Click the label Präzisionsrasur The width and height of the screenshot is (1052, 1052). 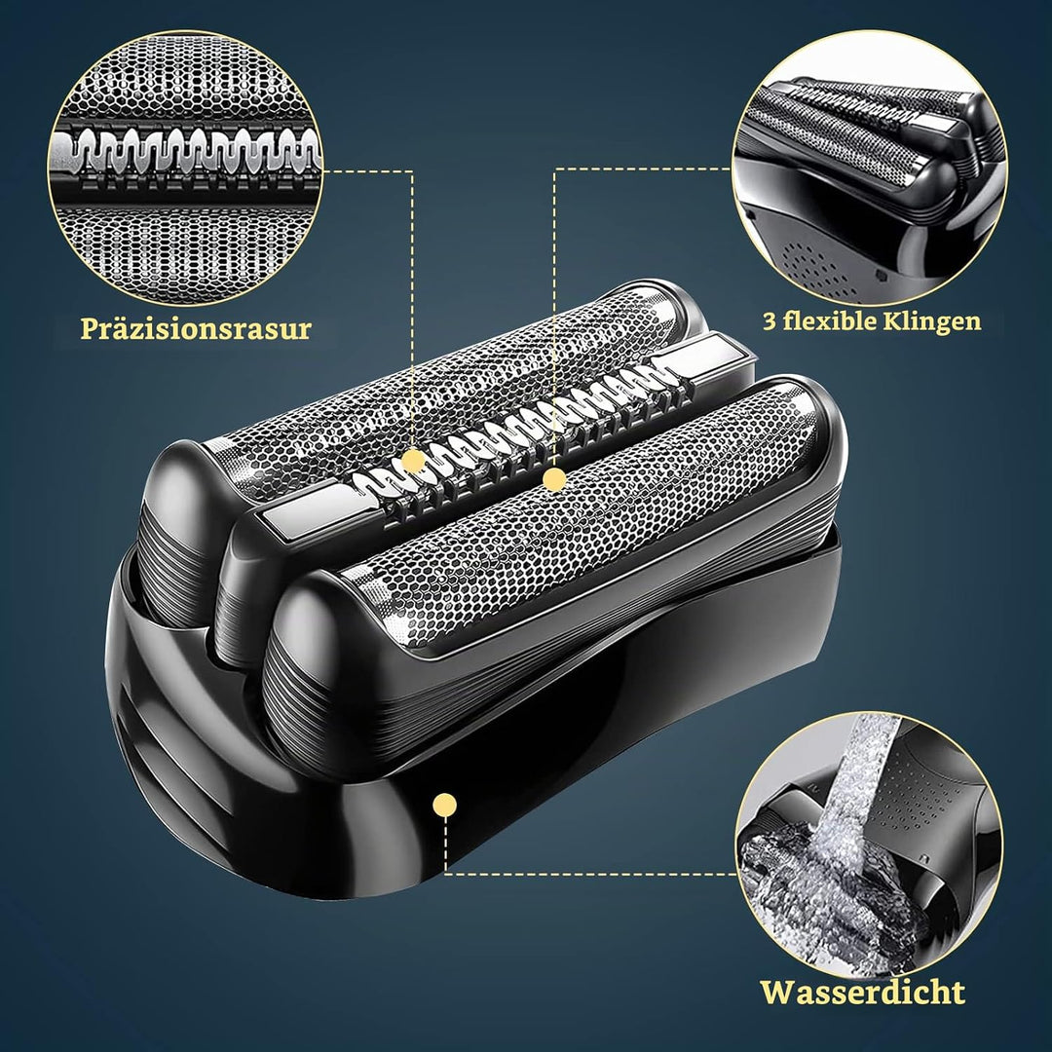pyautogui.click(x=196, y=329)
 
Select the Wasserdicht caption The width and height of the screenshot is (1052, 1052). pyautogui.click(x=863, y=992)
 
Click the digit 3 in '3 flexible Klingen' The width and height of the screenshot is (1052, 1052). pyautogui.click(x=769, y=320)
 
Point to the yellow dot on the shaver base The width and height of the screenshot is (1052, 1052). pyautogui.click(x=445, y=805)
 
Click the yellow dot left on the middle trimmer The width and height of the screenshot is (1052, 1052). pyautogui.click(x=415, y=461)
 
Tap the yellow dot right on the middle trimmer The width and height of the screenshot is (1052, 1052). pyautogui.click(x=554, y=479)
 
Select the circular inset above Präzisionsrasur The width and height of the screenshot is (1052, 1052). pyautogui.click(x=185, y=168)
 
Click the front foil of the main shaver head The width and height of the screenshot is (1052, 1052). pyautogui.click(x=583, y=516)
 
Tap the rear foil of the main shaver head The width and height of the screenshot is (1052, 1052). pyautogui.click(x=443, y=395)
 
